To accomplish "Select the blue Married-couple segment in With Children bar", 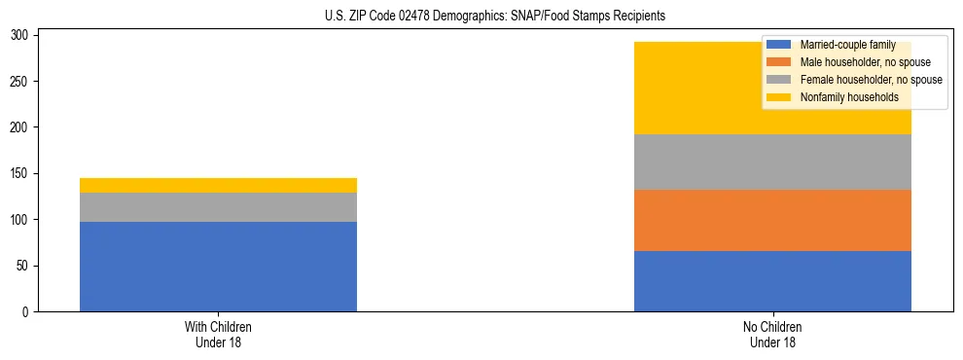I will (218, 267).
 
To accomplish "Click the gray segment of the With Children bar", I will (218, 207).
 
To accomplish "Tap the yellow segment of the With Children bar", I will (218, 185).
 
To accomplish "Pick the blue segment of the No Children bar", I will (772, 281).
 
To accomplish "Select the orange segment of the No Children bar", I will (772, 220).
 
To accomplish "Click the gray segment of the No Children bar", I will (772, 162).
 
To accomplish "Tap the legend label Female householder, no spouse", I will (871, 80).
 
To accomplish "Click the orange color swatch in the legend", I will (779, 62).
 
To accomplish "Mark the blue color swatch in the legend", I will (779, 45).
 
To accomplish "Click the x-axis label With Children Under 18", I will (218, 334).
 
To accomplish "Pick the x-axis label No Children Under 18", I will (772, 334).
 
